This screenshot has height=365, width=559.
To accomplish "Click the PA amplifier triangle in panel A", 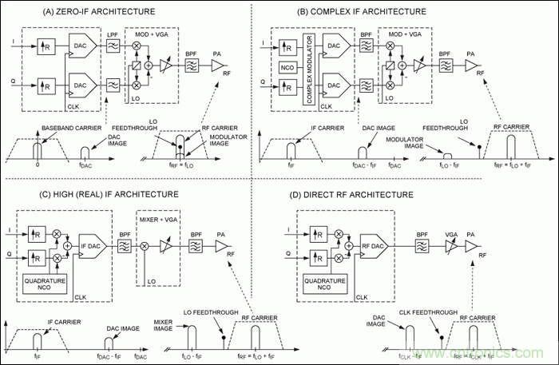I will pyautogui.click(x=217, y=69).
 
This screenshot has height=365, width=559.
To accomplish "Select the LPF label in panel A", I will pyautogui.click(x=113, y=34).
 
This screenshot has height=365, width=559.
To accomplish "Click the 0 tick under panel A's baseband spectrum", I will pyautogui.click(x=38, y=166).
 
